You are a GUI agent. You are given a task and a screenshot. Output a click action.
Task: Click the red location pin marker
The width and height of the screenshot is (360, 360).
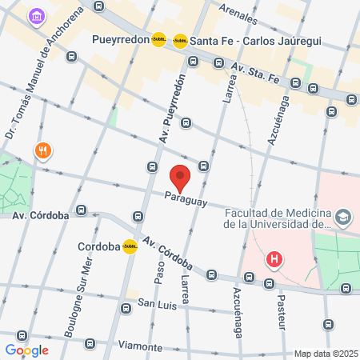(x=180, y=176)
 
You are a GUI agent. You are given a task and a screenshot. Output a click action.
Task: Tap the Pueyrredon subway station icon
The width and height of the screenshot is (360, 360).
(x=159, y=38)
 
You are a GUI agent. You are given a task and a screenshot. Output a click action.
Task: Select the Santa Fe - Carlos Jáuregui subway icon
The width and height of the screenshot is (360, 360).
(x=180, y=39)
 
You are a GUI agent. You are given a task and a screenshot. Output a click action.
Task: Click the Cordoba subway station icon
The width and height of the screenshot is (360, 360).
(x=130, y=247)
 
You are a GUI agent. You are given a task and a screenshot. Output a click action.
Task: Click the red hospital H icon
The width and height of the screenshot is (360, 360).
(x=275, y=260)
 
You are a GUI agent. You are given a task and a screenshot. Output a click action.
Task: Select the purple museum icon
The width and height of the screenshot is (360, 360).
(x=36, y=15)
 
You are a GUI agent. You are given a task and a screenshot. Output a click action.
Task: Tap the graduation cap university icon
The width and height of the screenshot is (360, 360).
(x=343, y=217)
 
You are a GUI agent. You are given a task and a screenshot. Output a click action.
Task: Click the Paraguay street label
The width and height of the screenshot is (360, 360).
(x=186, y=198)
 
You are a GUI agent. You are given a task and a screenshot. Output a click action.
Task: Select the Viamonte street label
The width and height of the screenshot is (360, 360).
(x=139, y=346)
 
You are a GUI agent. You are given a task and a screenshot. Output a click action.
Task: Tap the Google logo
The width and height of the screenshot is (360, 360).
(x=26, y=350)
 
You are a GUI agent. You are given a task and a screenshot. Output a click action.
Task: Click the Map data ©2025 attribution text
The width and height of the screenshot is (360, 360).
(x=325, y=354)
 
